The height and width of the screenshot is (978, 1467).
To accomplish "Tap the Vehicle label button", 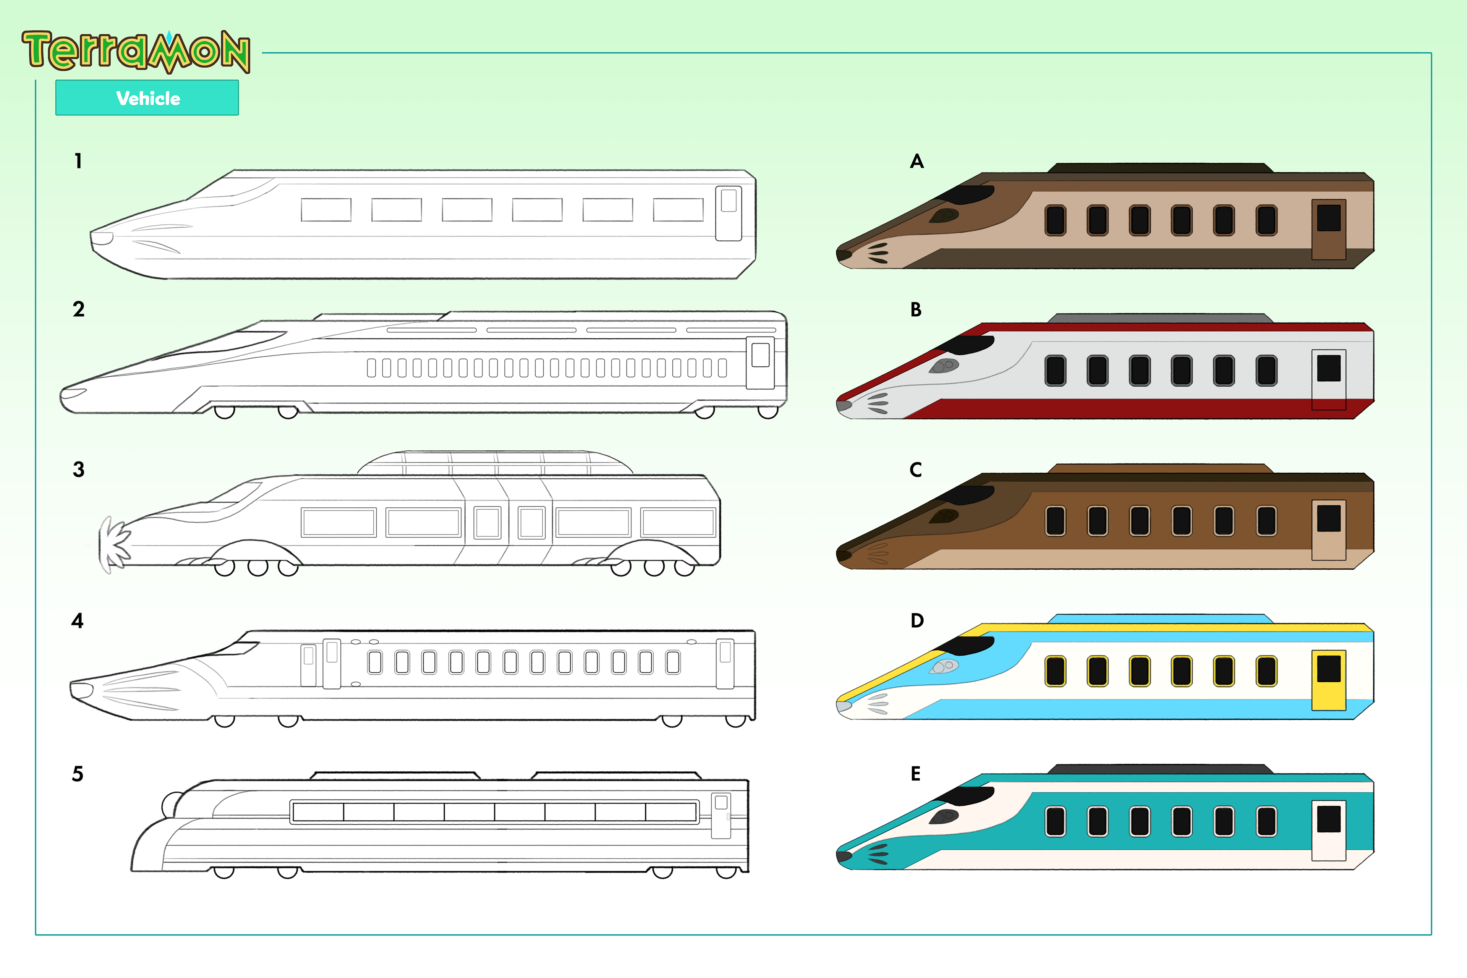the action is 147,98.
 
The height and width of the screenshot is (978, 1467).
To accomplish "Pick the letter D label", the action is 916,620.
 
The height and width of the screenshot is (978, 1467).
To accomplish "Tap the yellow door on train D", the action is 1329,680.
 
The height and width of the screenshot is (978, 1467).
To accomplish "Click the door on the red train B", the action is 1329,379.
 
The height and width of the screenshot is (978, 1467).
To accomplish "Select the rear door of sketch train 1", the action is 728,213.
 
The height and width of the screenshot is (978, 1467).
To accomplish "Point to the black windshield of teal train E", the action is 967,796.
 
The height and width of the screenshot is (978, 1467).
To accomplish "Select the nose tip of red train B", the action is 843,405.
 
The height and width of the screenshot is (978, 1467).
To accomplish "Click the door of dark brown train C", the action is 1329,529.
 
